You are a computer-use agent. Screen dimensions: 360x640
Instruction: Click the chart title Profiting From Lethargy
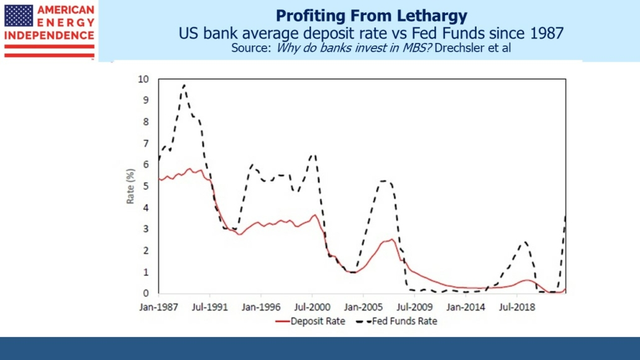371,15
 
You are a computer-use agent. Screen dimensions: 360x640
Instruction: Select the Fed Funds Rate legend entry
404,321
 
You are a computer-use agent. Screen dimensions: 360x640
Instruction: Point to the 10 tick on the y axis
144,79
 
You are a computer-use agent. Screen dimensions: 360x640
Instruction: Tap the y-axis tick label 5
146,187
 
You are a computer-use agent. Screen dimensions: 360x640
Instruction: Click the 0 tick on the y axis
146,293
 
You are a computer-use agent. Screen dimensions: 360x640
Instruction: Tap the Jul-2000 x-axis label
313,307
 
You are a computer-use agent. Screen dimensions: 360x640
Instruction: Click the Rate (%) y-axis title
130,187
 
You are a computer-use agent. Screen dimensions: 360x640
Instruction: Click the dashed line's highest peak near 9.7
184,86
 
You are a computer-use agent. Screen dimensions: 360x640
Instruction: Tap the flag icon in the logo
19,16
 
